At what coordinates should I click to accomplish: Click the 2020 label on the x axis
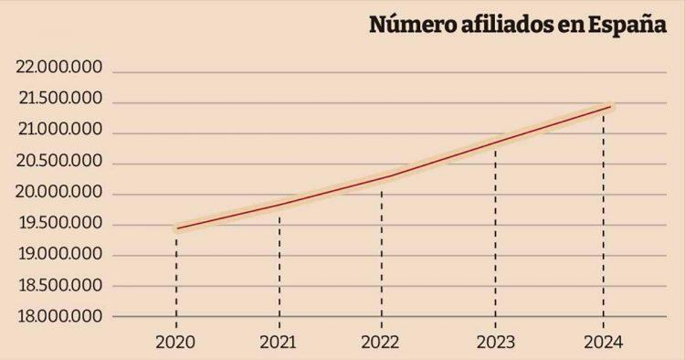(176, 342)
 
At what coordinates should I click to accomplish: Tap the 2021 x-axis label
(279, 342)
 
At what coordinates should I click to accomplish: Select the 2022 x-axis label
(383, 342)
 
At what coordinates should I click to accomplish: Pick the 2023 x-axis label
(495, 342)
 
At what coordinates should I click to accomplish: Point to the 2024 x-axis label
(602, 342)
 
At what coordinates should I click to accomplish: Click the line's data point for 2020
(176, 228)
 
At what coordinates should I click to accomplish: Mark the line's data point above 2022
(383, 177)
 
